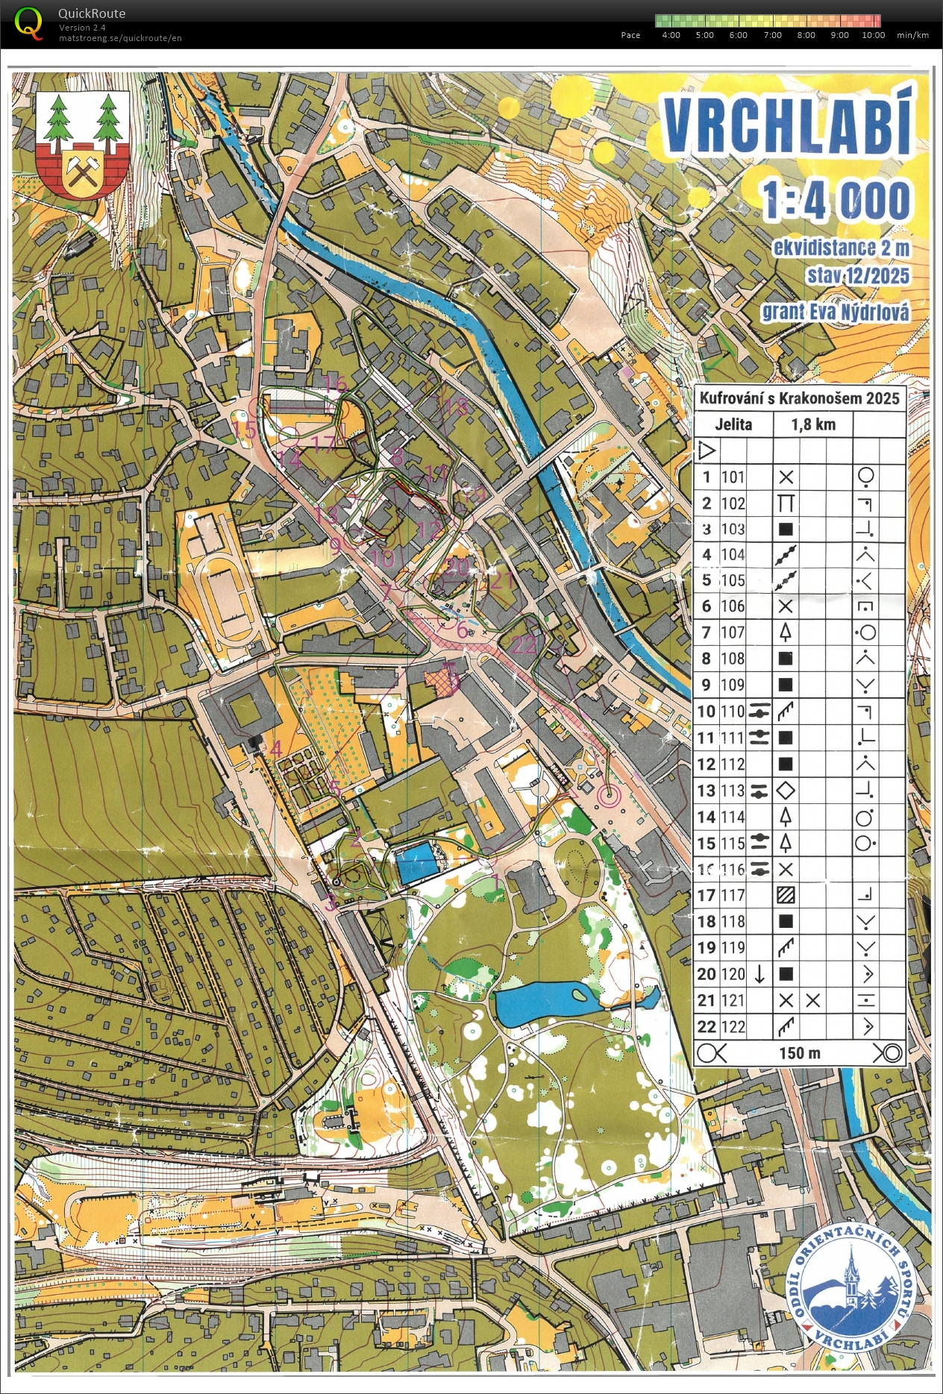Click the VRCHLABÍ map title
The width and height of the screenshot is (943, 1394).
pyautogui.click(x=788, y=126)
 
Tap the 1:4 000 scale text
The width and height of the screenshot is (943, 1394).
pyautogui.click(x=836, y=200)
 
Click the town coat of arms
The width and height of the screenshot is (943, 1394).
pyautogui.click(x=83, y=143)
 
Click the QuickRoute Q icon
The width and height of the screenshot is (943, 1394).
pyautogui.click(x=29, y=22)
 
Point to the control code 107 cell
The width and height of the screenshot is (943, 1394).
pyautogui.click(x=733, y=632)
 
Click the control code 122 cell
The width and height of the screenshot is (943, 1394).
pyautogui.click(x=733, y=1026)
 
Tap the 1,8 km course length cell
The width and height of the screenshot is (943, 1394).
pyautogui.click(x=813, y=424)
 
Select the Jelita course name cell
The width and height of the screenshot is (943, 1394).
pyautogui.click(x=733, y=424)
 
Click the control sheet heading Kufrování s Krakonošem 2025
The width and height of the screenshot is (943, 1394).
pyautogui.click(x=800, y=398)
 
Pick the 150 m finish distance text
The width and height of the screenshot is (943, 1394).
pyautogui.click(x=800, y=1052)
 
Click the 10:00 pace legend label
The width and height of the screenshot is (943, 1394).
pyautogui.click(x=873, y=35)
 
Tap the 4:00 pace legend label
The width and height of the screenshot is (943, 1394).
pyautogui.click(x=671, y=35)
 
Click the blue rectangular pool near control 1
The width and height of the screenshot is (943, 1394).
pyautogui.click(x=416, y=863)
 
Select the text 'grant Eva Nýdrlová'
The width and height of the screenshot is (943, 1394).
pyautogui.click(x=835, y=312)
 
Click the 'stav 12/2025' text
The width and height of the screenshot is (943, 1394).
pyautogui.click(x=858, y=276)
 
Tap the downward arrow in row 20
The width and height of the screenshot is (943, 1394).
pyautogui.click(x=759, y=973)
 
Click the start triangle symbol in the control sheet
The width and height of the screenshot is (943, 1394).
pyautogui.click(x=706, y=450)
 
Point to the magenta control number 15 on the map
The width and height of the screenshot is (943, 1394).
pyautogui.click(x=245, y=430)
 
